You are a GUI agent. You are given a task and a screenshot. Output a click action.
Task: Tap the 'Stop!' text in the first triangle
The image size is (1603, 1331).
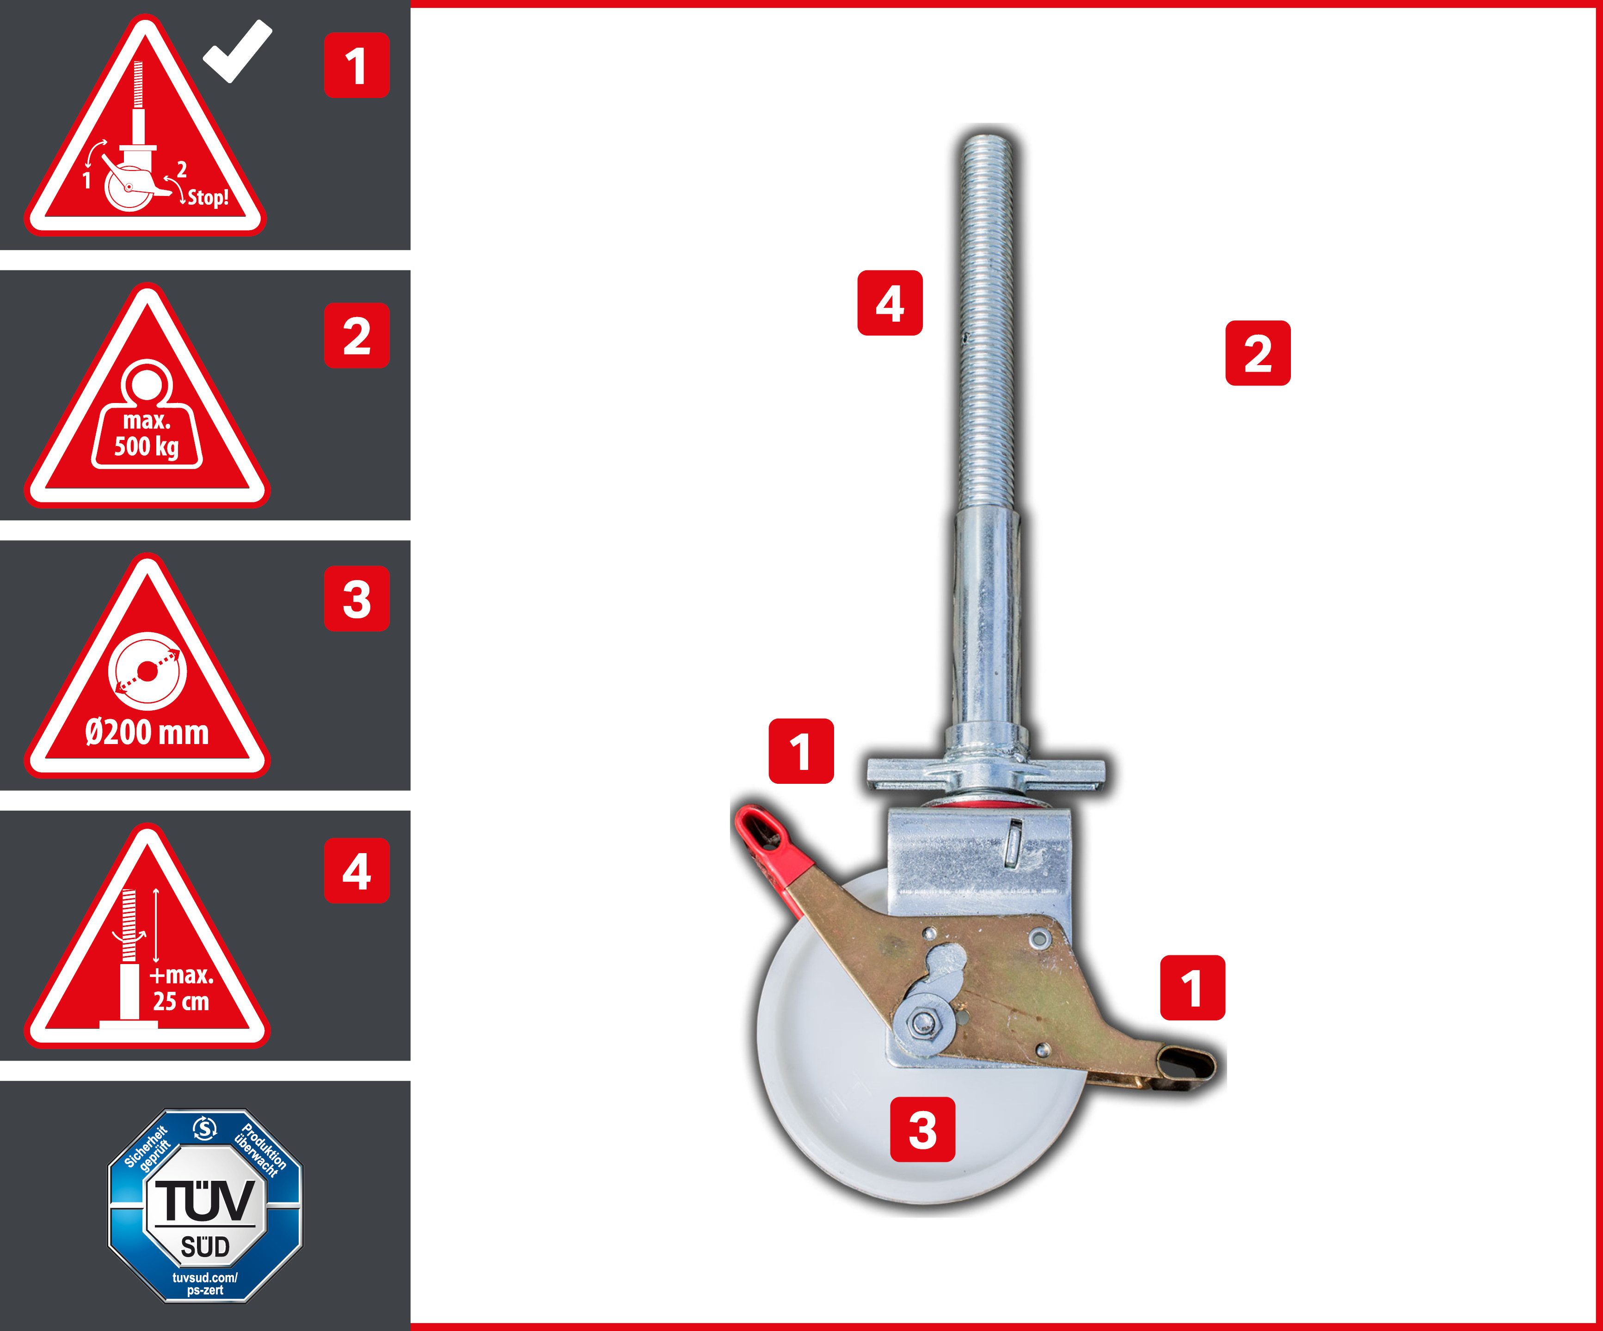pos(208,198)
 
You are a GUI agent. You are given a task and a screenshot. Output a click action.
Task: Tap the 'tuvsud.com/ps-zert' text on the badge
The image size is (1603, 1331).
pos(204,1284)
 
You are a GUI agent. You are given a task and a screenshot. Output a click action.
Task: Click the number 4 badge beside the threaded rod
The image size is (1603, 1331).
pos(890,303)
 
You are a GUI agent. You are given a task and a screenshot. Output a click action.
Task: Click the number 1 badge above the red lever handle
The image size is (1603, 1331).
pos(801,751)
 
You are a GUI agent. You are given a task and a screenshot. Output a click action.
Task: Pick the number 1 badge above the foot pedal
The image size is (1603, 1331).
pos(1192,988)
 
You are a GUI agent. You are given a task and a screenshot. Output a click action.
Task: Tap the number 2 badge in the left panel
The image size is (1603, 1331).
pos(356,336)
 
